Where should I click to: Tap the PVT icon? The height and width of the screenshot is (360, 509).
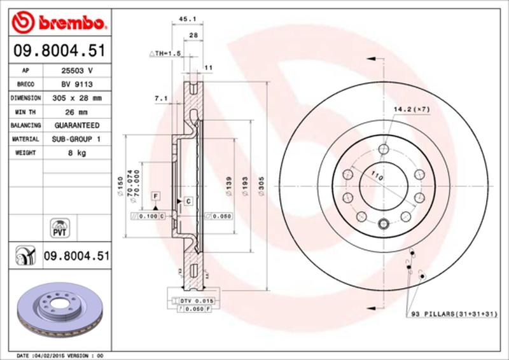(59, 228)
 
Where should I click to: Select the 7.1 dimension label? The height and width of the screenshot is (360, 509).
(161, 99)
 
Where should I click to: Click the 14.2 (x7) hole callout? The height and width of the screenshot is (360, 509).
(412, 109)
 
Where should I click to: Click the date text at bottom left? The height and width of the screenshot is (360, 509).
(59, 355)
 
